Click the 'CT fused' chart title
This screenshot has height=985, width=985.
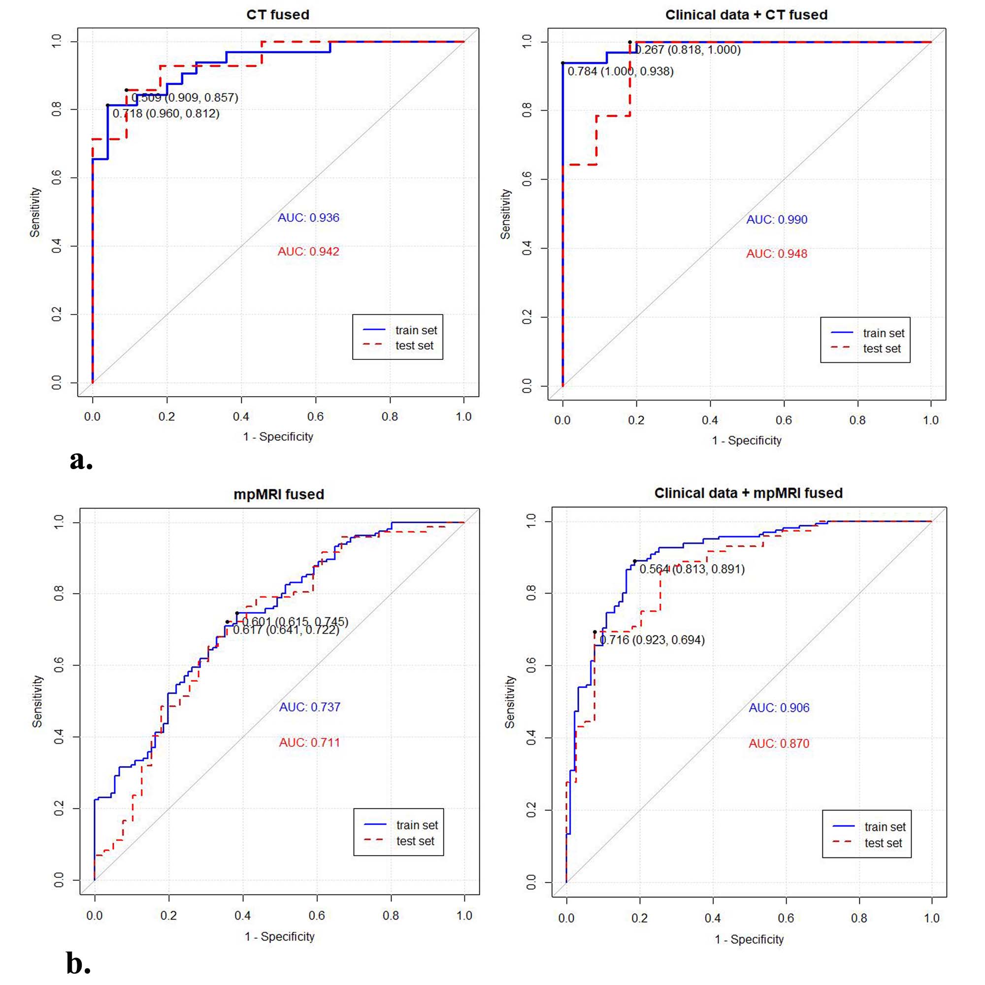tap(277, 15)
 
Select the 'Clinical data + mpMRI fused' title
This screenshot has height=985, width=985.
tap(748, 493)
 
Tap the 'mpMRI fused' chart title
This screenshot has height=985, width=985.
tap(279, 495)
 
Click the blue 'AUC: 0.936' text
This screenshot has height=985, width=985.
tap(308, 218)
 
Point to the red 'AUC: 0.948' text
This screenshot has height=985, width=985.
tap(776, 254)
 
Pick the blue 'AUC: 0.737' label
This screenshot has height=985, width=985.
tap(309, 707)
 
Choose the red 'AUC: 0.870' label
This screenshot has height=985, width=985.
tap(779, 743)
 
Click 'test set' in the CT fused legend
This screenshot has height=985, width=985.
tap(414, 346)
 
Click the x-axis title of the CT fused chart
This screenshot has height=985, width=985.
tap(278, 437)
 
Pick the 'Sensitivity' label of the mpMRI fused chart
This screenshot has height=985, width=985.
tap(37, 701)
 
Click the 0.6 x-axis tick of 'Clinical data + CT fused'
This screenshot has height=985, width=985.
tap(784, 420)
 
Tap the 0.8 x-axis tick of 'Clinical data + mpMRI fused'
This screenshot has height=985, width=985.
tap(859, 918)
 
